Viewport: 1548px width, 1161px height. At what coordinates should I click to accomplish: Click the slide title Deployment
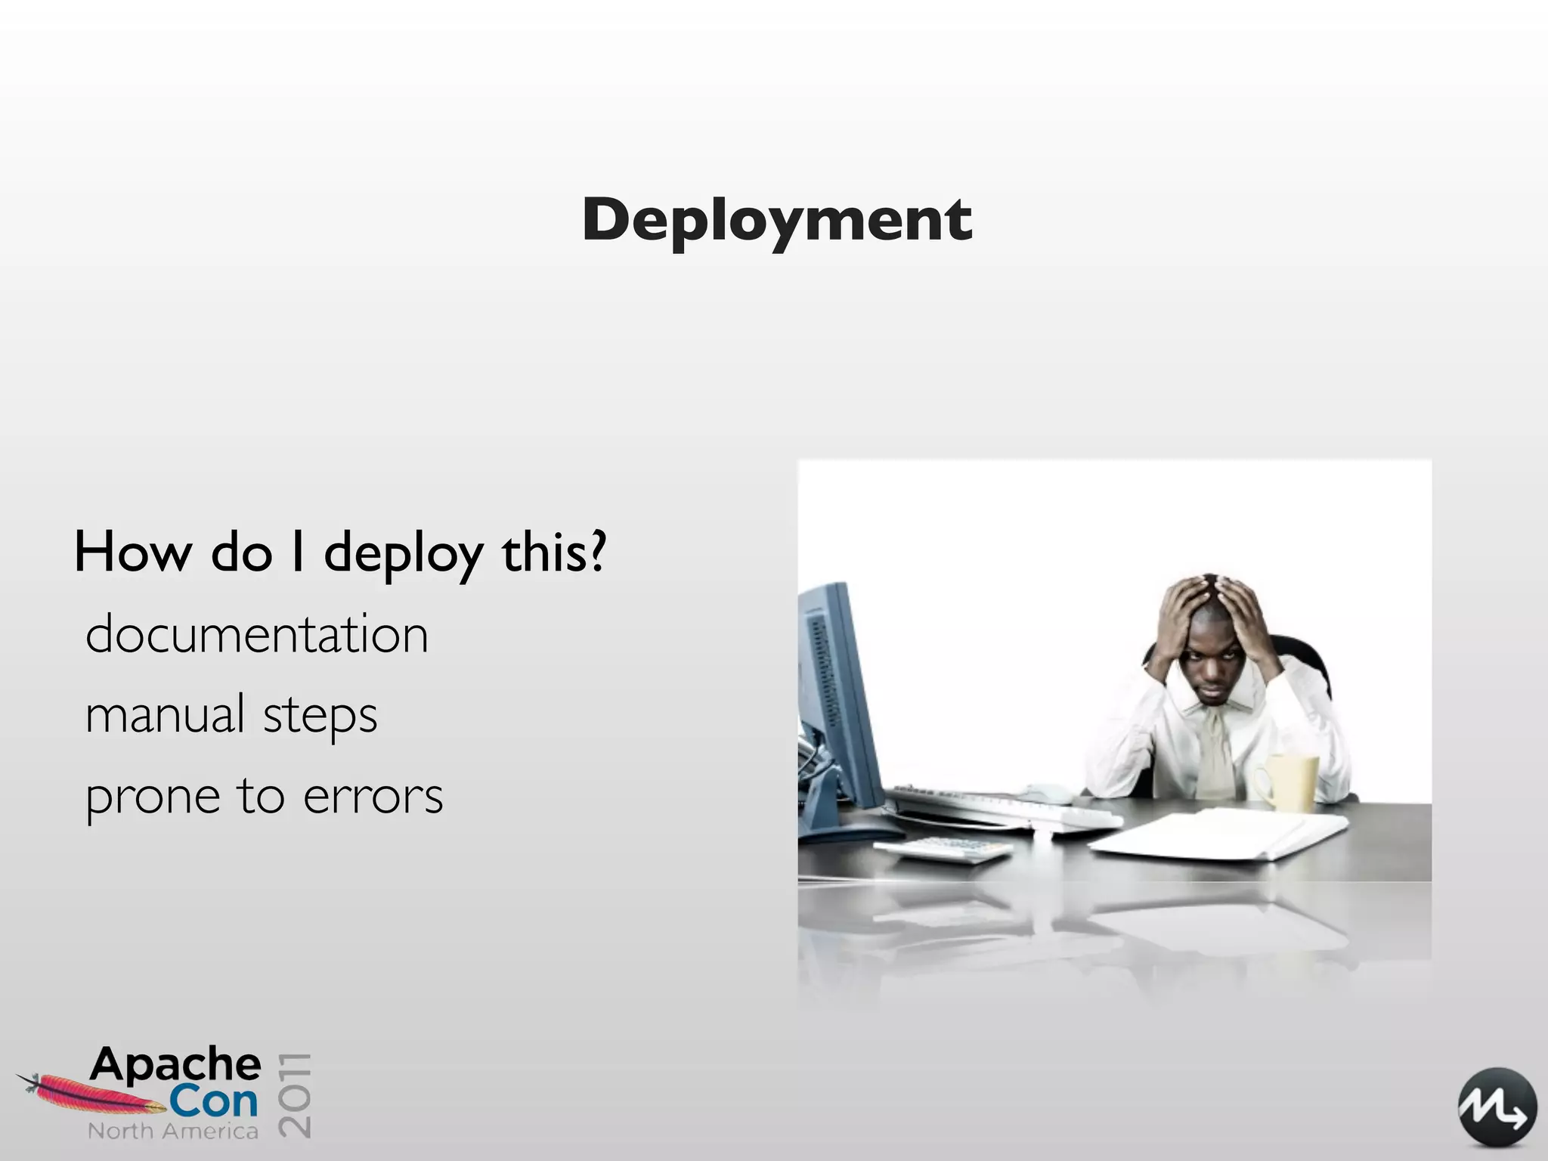(x=777, y=220)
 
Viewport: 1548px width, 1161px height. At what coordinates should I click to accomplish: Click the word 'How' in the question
(x=133, y=553)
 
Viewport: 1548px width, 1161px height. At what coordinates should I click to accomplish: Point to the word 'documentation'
(x=257, y=634)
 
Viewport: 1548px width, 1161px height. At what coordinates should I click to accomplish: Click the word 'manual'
(x=166, y=714)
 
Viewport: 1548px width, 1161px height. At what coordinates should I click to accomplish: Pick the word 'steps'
(x=320, y=717)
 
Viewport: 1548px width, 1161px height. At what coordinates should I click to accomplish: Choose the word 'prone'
(x=153, y=797)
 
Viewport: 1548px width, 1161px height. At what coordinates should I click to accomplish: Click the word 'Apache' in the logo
(x=176, y=1065)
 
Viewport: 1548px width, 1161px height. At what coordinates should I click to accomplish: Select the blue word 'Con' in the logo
(x=213, y=1102)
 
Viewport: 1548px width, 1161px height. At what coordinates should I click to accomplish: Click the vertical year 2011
(x=295, y=1094)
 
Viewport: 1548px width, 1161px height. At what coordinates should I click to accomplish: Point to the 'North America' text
(x=173, y=1131)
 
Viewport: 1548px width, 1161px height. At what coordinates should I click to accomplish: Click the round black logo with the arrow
(x=1497, y=1107)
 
